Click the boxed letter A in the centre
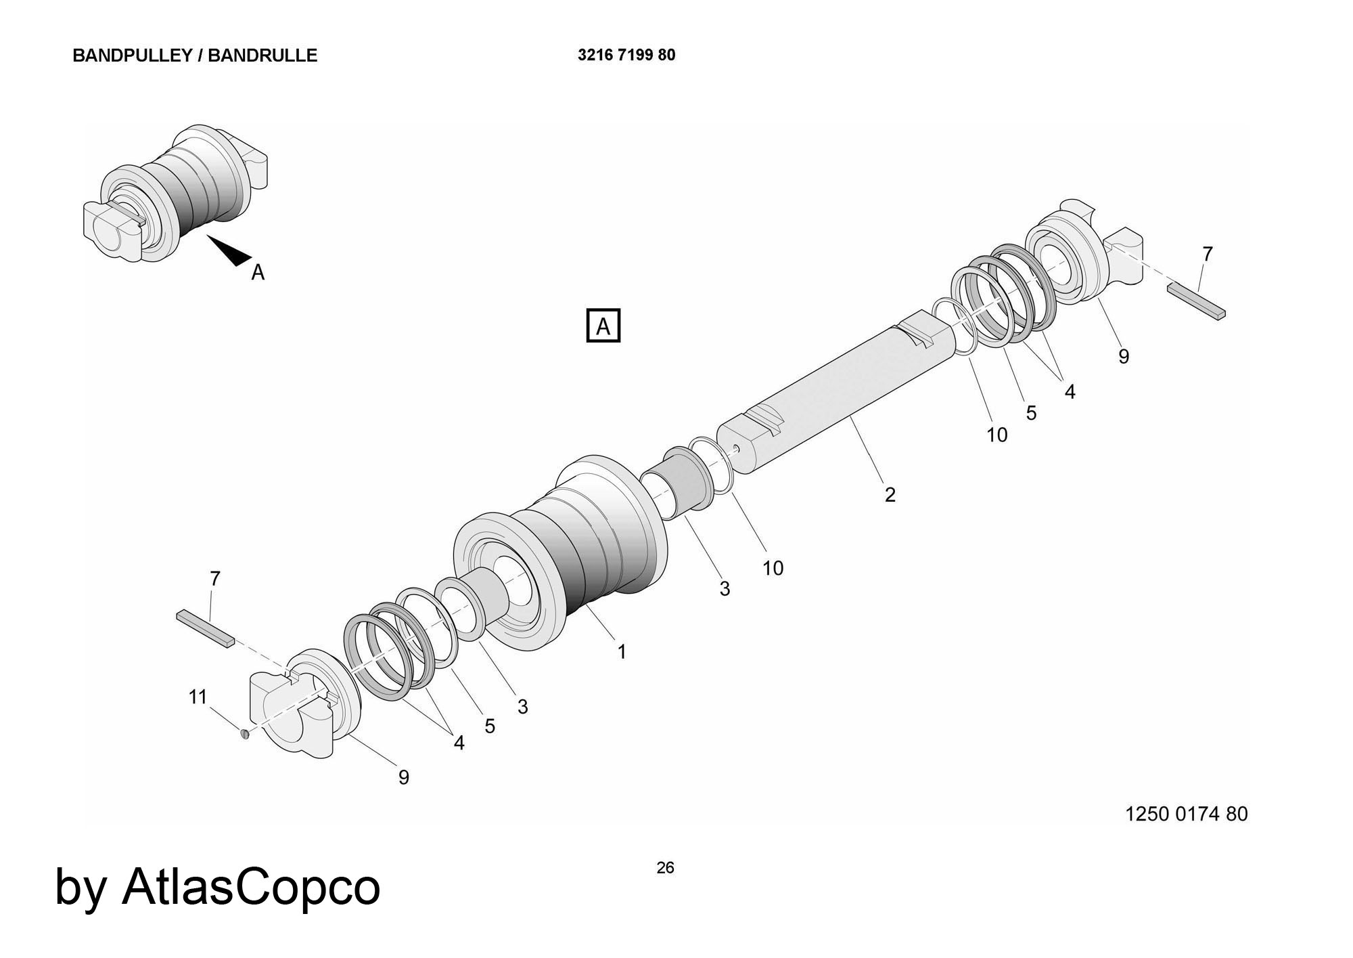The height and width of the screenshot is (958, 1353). click(x=603, y=326)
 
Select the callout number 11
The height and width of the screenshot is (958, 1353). click(x=198, y=697)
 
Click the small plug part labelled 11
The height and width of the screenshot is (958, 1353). click(x=245, y=733)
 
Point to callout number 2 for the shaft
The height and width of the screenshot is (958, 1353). click(x=890, y=495)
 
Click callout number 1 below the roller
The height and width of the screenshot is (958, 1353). click(x=622, y=652)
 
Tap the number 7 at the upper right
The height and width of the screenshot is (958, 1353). click(x=1208, y=255)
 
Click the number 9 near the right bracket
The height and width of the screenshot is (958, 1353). click(x=1124, y=357)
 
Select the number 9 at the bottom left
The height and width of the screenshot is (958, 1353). click(x=404, y=778)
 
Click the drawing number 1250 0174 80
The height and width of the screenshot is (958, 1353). click(x=1186, y=814)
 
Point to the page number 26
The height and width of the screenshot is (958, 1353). click(x=665, y=868)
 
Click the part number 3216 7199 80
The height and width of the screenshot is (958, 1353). click(x=626, y=56)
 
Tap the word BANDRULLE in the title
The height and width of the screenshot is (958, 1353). click(x=262, y=56)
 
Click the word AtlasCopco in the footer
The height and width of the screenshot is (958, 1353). click(x=251, y=886)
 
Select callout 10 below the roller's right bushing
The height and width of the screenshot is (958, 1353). click(x=773, y=569)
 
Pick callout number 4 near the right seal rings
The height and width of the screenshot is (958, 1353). click(x=1070, y=392)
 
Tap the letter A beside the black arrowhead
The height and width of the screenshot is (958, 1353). click(x=258, y=272)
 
